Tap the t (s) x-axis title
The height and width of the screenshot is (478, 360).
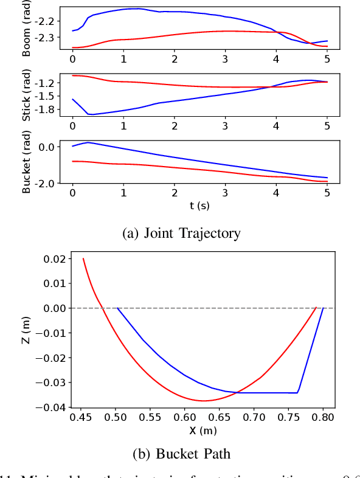[x=199, y=206]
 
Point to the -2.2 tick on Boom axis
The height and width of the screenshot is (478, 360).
[x=46, y=21]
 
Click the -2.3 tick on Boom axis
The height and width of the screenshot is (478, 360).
[x=46, y=38]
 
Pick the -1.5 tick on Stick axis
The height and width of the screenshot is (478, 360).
[x=46, y=96]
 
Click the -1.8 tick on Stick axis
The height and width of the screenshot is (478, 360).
[x=46, y=109]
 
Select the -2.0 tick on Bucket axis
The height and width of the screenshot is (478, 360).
[x=46, y=183]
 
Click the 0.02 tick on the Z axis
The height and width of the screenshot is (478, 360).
[x=54, y=259]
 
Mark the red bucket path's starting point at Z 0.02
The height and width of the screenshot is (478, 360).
[x=83, y=258]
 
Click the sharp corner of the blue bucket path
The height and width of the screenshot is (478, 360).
[x=297, y=393]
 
